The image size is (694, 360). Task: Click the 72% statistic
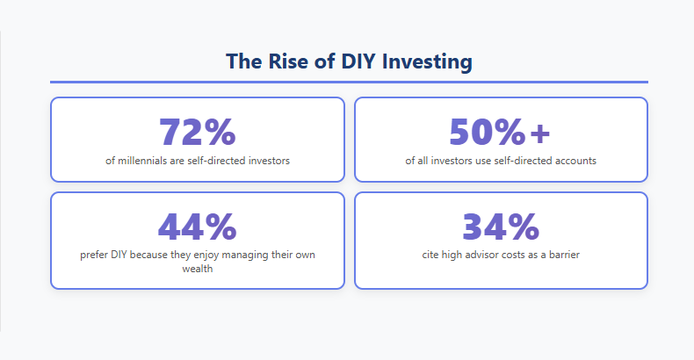(197, 132)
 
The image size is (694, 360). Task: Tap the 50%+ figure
(500, 132)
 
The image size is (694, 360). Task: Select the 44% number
(197, 227)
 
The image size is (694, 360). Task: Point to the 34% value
(500, 227)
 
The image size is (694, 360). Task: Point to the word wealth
(197, 270)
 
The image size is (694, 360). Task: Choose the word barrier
(562, 255)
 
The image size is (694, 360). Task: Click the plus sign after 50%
(539, 132)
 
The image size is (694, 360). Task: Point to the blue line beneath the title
(349, 82)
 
